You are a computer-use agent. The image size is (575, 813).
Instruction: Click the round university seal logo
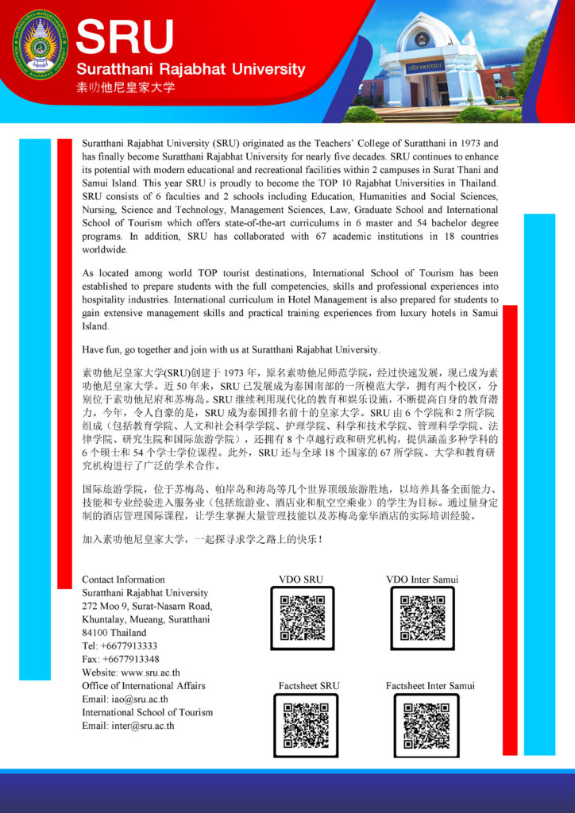coord(41,44)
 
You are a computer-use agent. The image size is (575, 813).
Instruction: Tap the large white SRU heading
coord(125,37)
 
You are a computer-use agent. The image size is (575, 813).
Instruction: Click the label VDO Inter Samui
coord(422,580)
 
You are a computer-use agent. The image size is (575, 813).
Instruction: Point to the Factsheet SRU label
coord(309,685)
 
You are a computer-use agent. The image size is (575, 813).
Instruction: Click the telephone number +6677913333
coord(120,645)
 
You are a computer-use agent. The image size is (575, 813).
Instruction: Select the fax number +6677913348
coord(121,659)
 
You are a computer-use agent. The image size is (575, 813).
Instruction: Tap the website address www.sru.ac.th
coord(131,672)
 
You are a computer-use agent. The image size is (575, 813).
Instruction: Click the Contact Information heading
coord(123,580)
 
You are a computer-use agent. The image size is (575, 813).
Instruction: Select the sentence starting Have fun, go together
coord(231,349)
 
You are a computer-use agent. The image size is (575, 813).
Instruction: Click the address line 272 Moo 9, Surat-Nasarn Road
coord(147,607)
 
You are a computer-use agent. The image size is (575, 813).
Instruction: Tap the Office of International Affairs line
coord(144,685)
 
